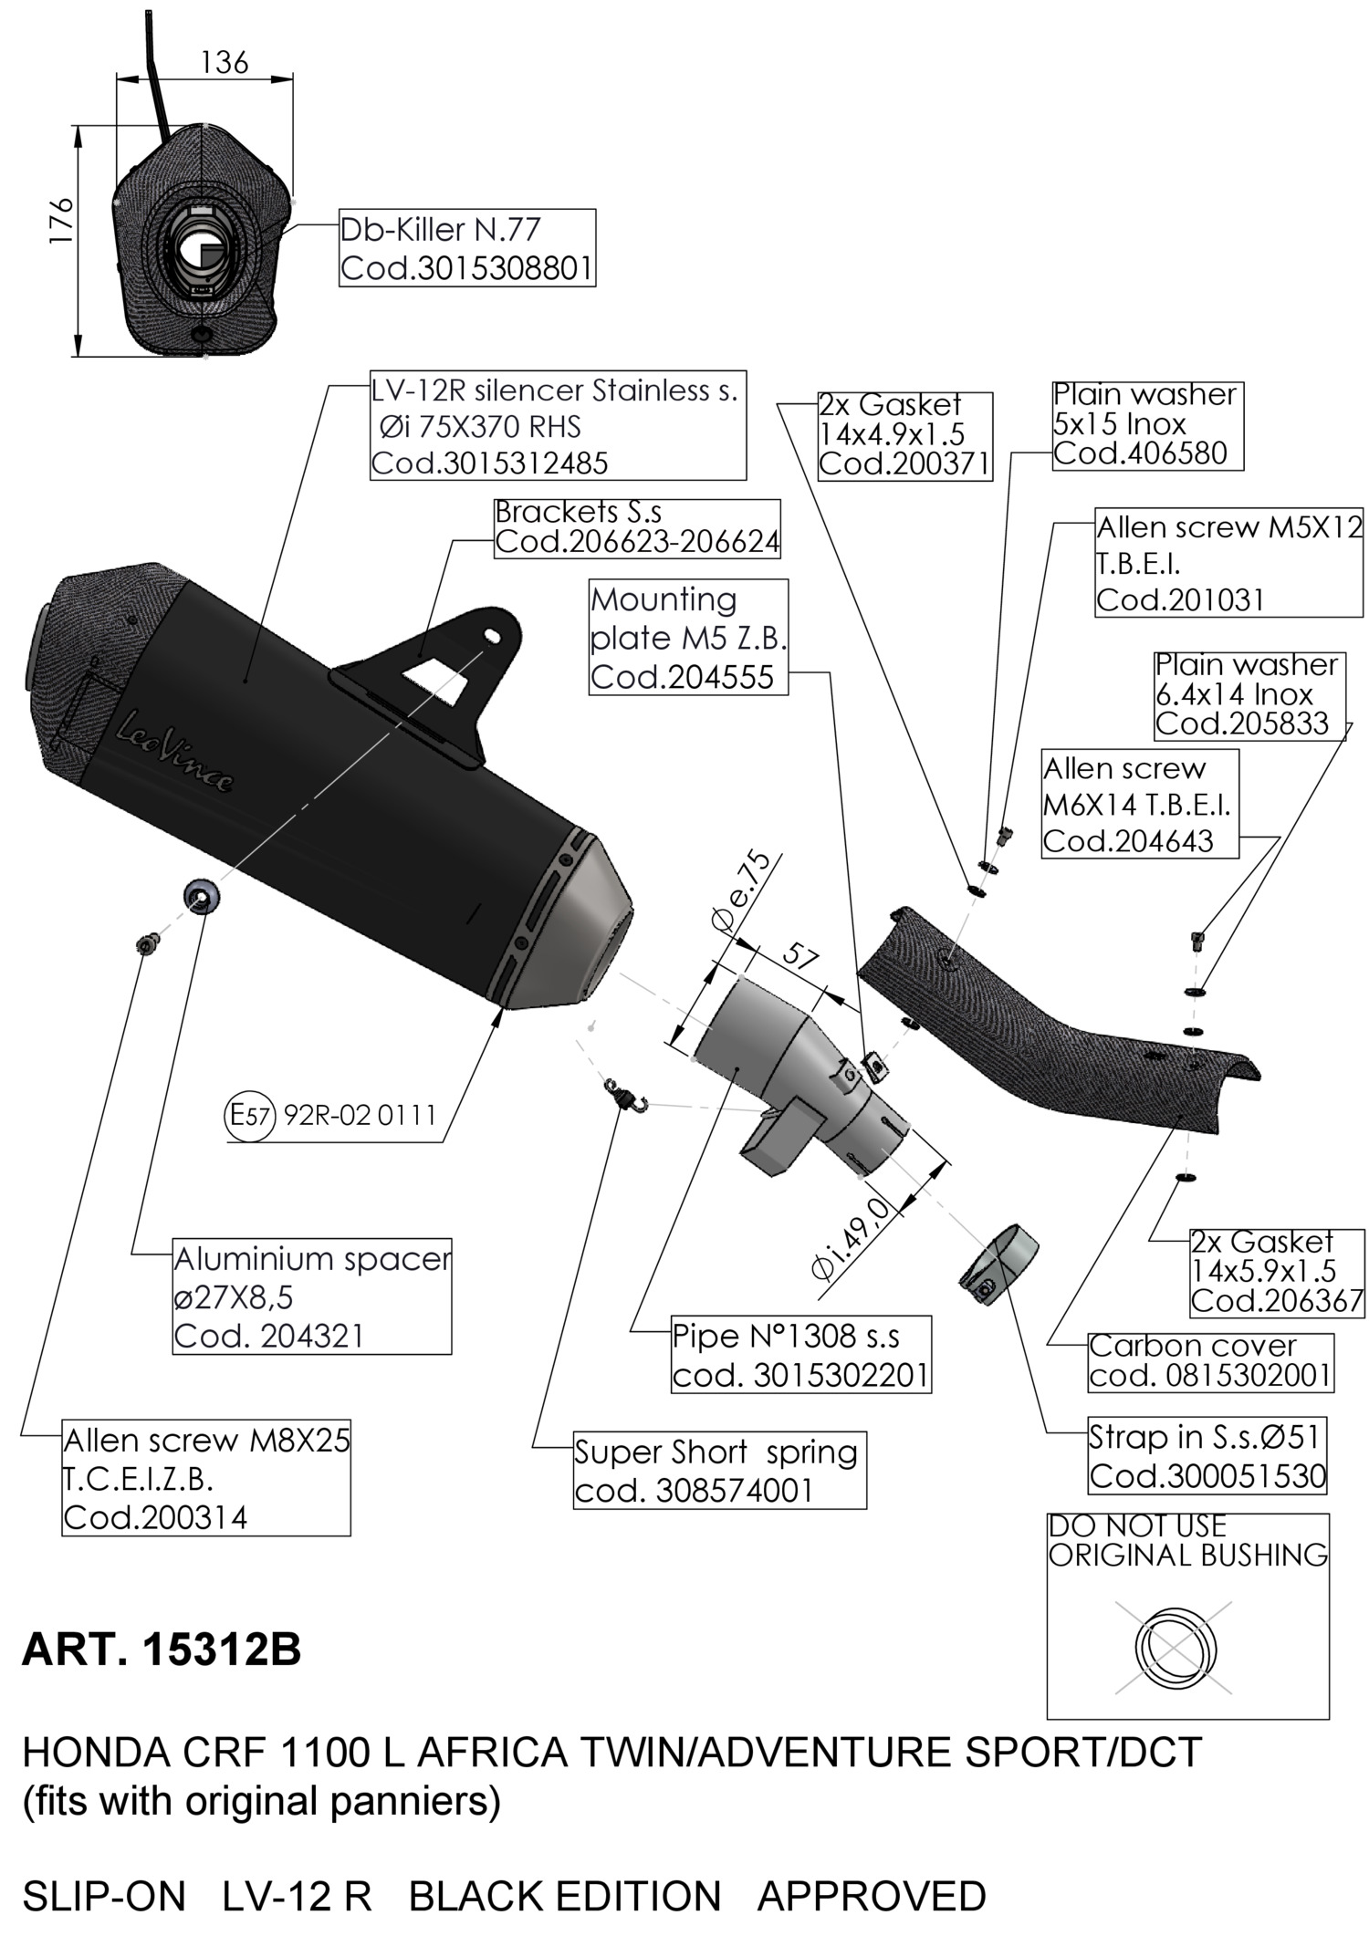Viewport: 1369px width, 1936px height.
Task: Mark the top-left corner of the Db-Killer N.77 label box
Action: (x=340, y=209)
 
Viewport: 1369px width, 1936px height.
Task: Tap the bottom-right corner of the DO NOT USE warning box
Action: (x=1329, y=1719)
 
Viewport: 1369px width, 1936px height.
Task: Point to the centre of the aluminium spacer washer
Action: (x=202, y=896)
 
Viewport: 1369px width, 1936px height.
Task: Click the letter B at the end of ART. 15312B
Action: (x=286, y=1650)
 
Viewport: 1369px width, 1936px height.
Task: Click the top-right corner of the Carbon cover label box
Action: (x=1333, y=1333)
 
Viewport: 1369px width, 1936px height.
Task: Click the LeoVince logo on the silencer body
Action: (x=174, y=752)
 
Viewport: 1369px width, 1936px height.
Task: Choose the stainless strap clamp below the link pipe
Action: (x=998, y=1262)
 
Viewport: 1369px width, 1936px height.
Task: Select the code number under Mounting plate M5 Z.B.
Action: (x=682, y=677)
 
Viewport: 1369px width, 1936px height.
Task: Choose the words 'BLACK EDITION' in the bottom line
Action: (x=565, y=1896)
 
